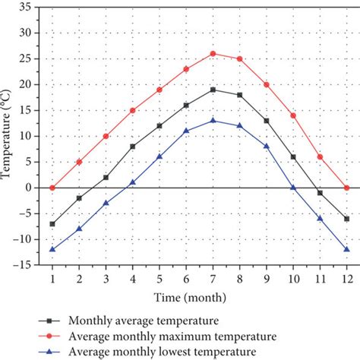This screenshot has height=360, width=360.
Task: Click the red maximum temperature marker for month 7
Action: point(213,54)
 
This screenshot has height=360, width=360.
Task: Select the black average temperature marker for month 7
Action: point(213,90)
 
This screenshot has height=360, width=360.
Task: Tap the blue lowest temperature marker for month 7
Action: point(213,120)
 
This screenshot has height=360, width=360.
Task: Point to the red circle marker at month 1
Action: point(52,188)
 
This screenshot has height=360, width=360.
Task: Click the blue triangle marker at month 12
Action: point(346,249)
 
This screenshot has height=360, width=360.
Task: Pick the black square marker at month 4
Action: point(132,147)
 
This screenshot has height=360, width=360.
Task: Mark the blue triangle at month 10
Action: point(292,187)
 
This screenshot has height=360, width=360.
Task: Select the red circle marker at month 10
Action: point(292,115)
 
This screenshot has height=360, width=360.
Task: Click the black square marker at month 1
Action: point(52,224)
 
